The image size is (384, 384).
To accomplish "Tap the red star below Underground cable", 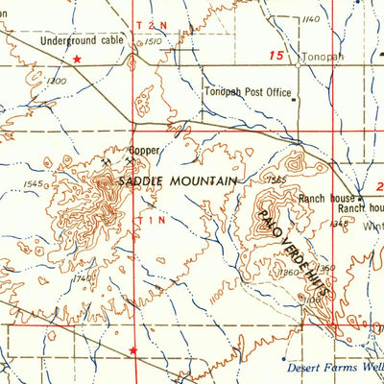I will click(x=79, y=60).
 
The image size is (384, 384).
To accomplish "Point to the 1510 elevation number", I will click(x=155, y=42).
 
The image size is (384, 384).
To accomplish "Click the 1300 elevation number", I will click(x=56, y=82).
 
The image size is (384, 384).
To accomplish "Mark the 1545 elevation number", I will click(x=36, y=183).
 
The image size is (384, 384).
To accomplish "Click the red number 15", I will click(x=276, y=58).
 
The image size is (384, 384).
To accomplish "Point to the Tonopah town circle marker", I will click(x=297, y=58).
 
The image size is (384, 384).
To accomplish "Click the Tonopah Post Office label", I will click(x=247, y=92).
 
